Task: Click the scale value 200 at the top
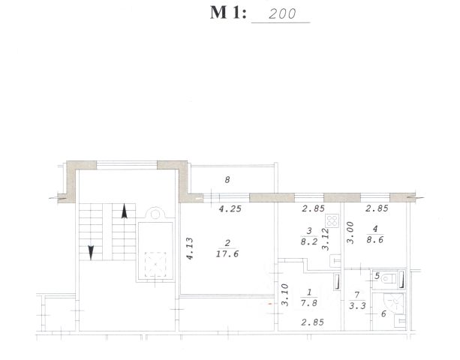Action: click(x=282, y=13)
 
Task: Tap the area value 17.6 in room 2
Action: click(x=227, y=254)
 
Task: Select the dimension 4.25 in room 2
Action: click(x=230, y=209)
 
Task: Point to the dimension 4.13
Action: click(x=190, y=248)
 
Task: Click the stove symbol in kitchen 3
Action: click(x=332, y=220)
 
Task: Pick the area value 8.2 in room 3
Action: click(x=309, y=241)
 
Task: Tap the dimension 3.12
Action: click(x=326, y=239)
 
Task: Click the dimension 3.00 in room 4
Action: click(x=350, y=232)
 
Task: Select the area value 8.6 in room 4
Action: click(x=375, y=240)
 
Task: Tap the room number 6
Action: click(x=383, y=314)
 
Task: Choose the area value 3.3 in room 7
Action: click(x=357, y=306)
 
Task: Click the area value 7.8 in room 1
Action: click(x=309, y=303)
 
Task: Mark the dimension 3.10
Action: click(x=285, y=295)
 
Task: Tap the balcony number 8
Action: click(x=227, y=180)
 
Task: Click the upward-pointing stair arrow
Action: click(x=125, y=211)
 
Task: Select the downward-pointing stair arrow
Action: click(x=91, y=253)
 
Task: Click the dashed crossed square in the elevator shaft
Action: click(x=155, y=265)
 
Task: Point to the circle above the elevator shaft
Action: click(x=155, y=214)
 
